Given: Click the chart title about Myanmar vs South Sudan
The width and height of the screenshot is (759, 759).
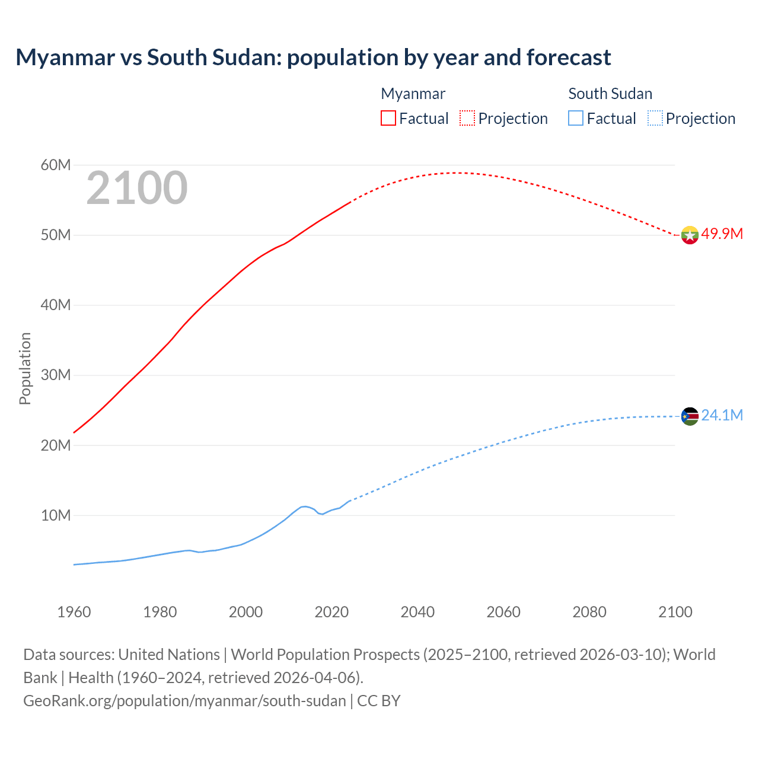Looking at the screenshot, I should coord(313,58).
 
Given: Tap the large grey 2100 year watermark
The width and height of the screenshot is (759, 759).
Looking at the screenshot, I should coord(137,188).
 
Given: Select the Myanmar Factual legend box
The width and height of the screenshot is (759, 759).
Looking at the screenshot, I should coord(388,118).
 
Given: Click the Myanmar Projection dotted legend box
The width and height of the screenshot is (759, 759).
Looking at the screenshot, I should coord(467,118).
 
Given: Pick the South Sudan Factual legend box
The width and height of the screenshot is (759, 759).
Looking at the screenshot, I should coord(576,118).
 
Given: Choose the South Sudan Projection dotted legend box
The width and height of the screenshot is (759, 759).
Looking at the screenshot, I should coord(655,118).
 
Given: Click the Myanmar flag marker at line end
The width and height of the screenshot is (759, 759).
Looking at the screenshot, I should coord(690,235).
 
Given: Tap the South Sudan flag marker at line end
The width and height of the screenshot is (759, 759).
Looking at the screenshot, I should coord(690,416).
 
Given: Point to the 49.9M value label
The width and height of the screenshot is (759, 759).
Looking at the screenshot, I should coord(722,234).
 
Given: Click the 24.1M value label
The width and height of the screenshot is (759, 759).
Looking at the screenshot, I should coord(722,415).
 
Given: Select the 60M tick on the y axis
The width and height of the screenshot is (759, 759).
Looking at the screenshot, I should coord(56,165).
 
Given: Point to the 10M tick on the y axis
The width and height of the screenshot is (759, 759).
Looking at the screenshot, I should coord(56,515).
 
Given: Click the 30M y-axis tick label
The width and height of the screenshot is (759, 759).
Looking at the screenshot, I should coord(56,375).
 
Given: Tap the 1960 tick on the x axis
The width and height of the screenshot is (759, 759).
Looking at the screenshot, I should coord(74,612).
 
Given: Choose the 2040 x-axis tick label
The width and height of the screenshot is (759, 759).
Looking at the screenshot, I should coord(417,612).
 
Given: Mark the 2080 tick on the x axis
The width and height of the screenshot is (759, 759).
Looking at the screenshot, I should coord(589,612).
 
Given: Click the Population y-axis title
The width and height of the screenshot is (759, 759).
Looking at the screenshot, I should coord(25,368).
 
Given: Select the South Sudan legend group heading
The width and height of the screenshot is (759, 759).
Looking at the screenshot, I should coord(610,94).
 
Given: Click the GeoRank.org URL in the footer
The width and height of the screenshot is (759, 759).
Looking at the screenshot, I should coord(184,701).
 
